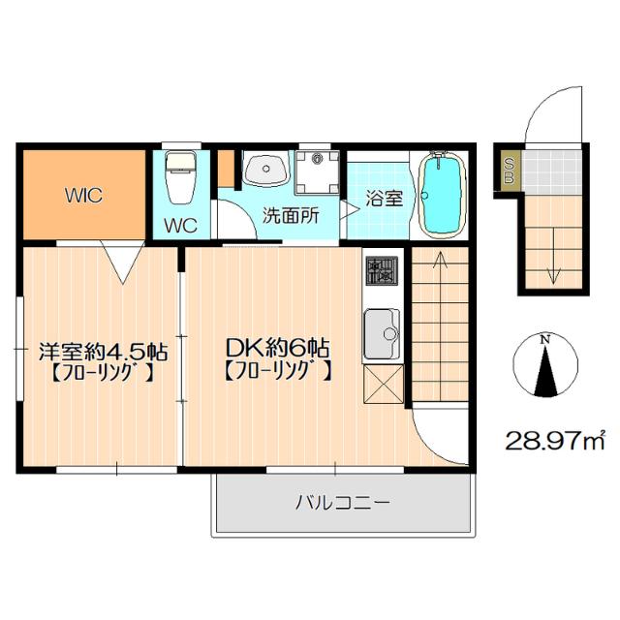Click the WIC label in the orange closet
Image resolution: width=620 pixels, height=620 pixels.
tap(83, 194)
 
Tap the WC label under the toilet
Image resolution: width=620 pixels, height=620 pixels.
tap(180, 227)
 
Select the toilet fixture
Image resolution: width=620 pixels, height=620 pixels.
tap(180, 177)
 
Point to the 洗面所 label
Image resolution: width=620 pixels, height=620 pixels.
tap(292, 216)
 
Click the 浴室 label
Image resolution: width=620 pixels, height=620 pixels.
tap(384, 199)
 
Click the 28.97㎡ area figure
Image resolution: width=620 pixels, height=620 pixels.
tap(554, 441)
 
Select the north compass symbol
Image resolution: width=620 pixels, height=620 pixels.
tap(545, 366)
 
